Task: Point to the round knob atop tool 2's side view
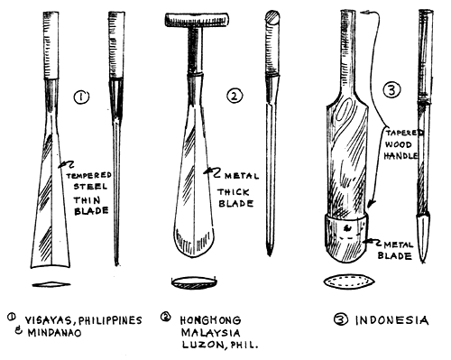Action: pyautogui.click(x=273, y=17)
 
